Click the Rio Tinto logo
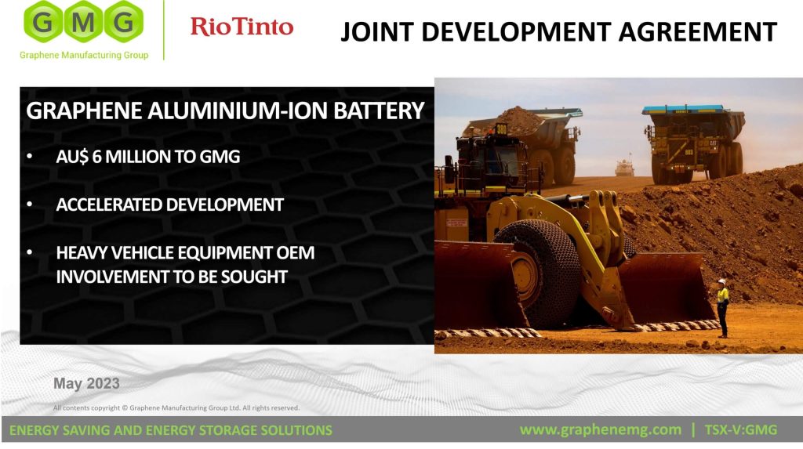[x=242, y=27]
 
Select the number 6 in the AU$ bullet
[x=96, y=156]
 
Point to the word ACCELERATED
[x=109, y=205]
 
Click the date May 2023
[x=86, y=383]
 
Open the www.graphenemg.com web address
[x=600, y=430]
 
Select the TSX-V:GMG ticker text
[x=740, y=430]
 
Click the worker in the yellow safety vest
[x=722, y=308]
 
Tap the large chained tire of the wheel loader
[x=538, y=274]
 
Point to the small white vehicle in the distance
[x=624, y=168]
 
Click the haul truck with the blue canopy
[x=694, y=143]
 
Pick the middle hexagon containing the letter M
[x=83, y=21]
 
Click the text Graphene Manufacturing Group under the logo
[x=84, y=55]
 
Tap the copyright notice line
[x=176, y=408]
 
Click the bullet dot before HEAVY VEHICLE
[x=30, y=252]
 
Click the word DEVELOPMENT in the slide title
[x=517, y=32]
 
